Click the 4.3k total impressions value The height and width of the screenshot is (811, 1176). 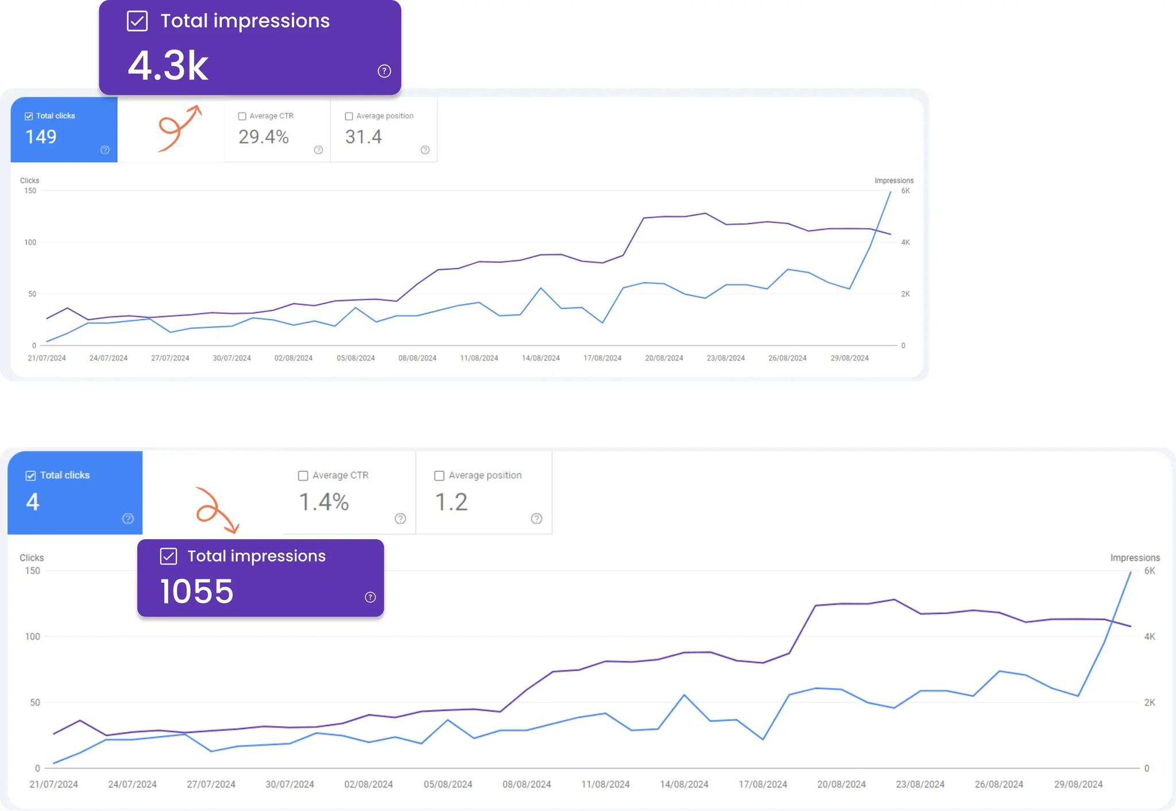coord(168,66)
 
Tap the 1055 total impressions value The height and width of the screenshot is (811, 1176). coord(197,591)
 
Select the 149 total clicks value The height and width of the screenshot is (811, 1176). coord(41,137)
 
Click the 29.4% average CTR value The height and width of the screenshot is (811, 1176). coord(264,137)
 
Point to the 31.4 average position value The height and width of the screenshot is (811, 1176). coord(363,137)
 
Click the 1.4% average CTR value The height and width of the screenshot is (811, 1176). coord(324,502)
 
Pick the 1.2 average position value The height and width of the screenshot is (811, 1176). coord(451,502)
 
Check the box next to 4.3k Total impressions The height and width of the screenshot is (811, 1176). coord(137,21)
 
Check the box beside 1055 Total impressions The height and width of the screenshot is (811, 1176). coord(168,556)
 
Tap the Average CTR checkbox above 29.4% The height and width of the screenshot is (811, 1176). coord(242,116)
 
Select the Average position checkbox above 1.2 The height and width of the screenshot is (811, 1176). coord(439,475)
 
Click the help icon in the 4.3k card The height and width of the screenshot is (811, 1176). coord(384,71)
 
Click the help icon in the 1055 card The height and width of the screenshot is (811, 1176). coord(370,597)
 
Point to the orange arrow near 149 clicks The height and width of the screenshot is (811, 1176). coord(179,128)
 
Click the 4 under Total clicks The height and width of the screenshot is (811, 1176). coord(33,502)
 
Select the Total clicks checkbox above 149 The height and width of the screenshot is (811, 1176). coord(29,116)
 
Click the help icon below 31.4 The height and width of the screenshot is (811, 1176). coord(425,150)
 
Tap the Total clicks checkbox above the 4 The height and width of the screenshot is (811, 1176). coord(30,475)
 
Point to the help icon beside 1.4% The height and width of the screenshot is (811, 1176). coord(400,518)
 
